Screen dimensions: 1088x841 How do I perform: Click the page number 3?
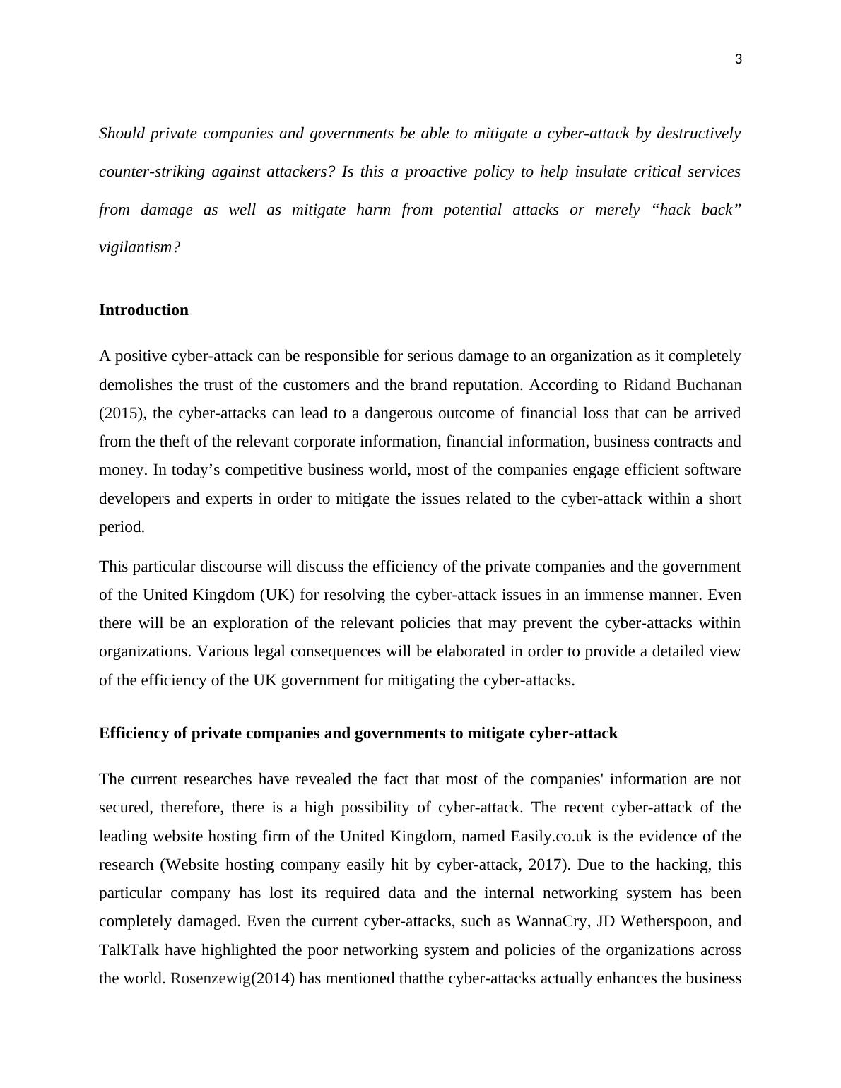739,60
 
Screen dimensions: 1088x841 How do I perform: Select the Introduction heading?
143,310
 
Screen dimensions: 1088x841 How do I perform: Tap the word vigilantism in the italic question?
139,247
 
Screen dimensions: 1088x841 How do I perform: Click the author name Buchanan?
709,385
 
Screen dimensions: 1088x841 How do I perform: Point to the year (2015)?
121,413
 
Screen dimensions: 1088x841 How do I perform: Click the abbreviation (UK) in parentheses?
276,595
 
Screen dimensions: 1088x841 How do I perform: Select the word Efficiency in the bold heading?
134,733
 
